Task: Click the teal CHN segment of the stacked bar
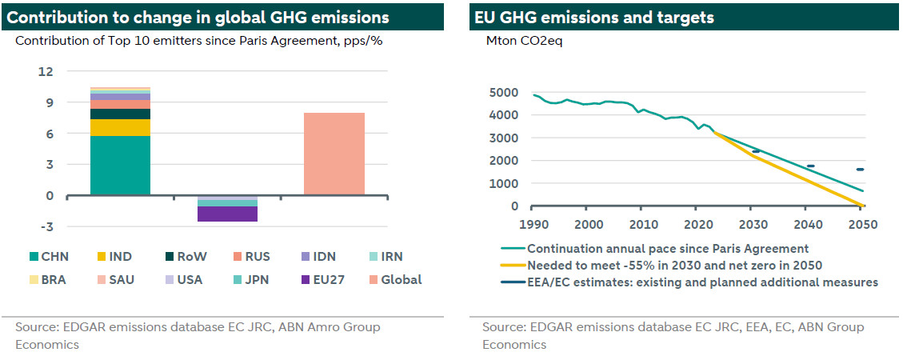pyautogui.click(x=120, y=165)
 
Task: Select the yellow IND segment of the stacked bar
pyautogui.click(x=120, y=127)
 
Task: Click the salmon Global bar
pyautogui.click(x=334, y=154)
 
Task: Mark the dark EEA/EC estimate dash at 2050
pyautogui.click(x=861, y=170)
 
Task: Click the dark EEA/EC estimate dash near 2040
pyautogui.click(x=810, y=166)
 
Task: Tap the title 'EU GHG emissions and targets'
pyautogui.click(x=594, y=17)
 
